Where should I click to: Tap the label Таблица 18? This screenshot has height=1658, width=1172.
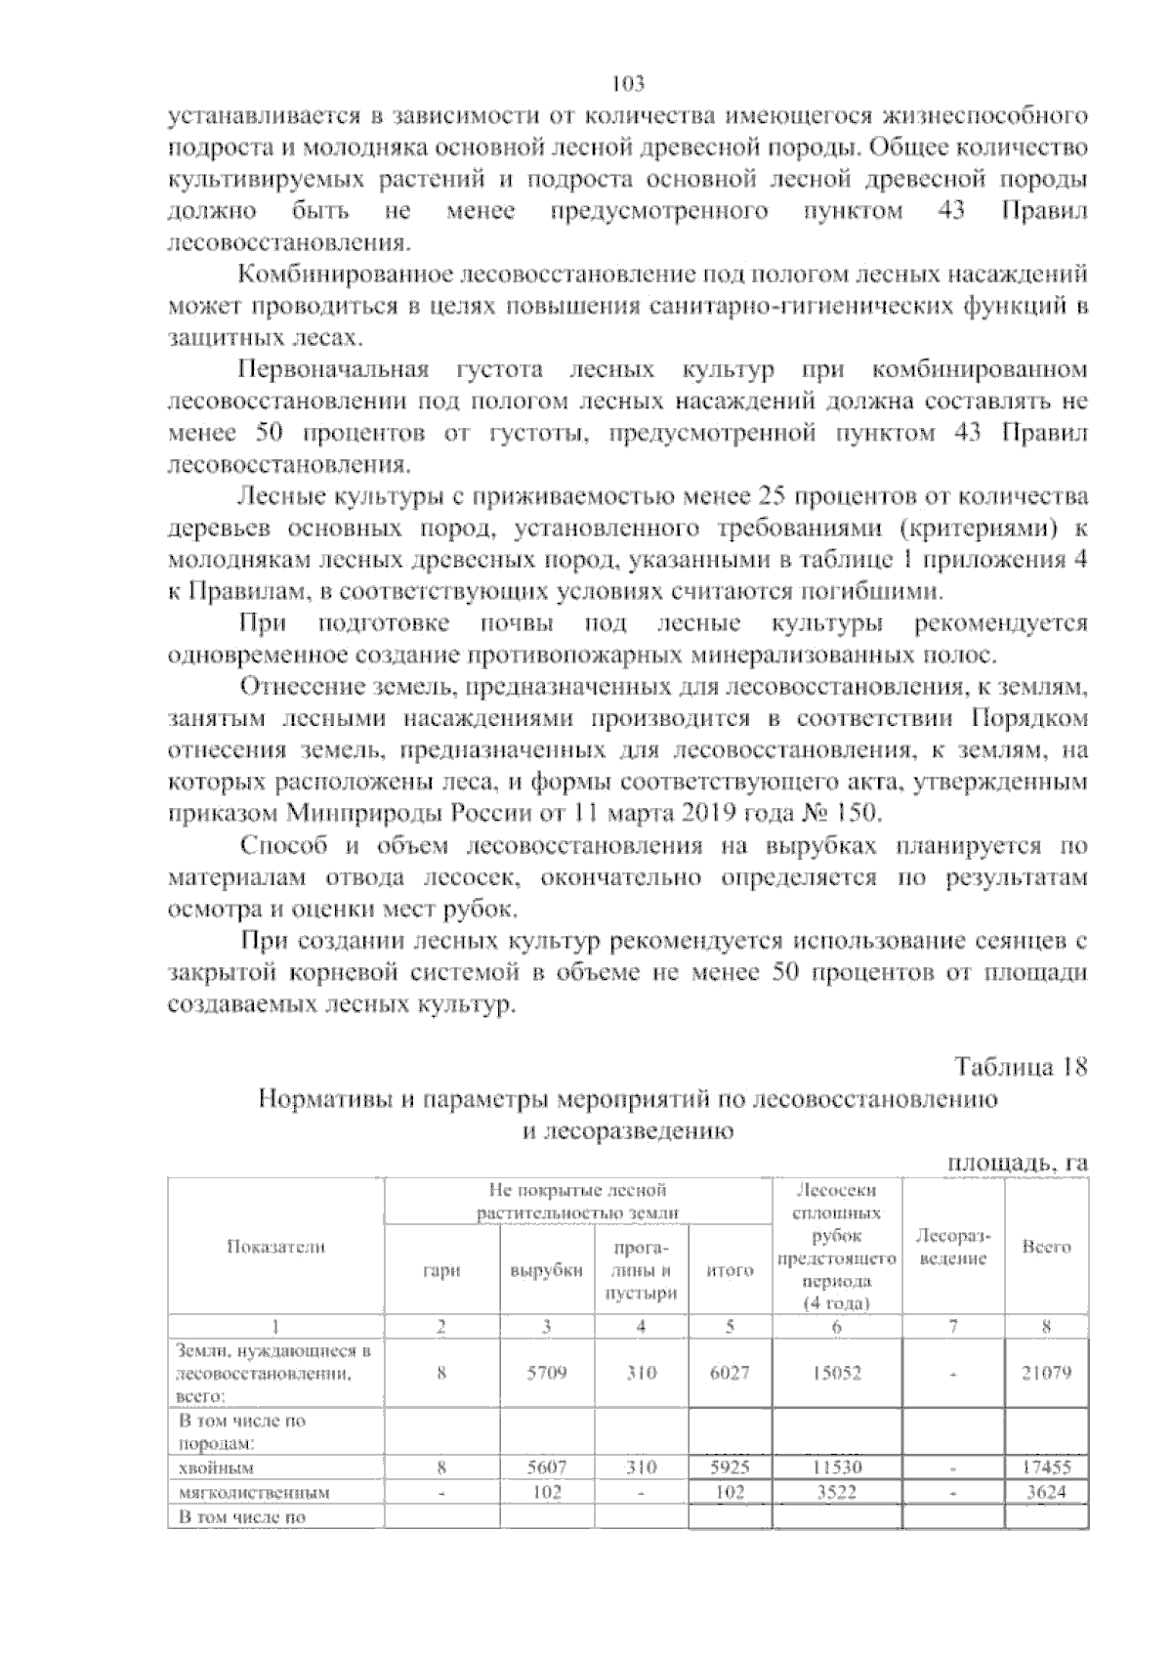[1020, 1066]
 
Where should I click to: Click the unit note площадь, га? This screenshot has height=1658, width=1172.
[1017, 1163]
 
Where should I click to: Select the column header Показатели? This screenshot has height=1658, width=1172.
[276, 1246]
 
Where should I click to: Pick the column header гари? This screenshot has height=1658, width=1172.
[441, 1270]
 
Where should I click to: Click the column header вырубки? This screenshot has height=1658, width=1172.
[547, 1270]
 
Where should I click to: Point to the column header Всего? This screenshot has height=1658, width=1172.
[1046, 1247]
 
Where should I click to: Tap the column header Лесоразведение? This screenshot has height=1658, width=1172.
[953, 1247]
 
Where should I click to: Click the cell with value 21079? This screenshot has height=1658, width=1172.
[1046, 1372]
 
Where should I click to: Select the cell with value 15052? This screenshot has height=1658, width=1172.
[837, 1372]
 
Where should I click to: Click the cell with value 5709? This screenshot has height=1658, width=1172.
[547, 1372]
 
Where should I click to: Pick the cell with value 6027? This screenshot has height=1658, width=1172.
[730, 1372]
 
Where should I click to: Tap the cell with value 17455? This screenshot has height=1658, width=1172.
[1046, 1467]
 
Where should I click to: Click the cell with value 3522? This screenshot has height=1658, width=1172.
[837, 1492]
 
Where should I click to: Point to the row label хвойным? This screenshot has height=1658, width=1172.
[215, 1467]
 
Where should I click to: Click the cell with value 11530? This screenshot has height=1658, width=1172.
[837, 1467]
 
